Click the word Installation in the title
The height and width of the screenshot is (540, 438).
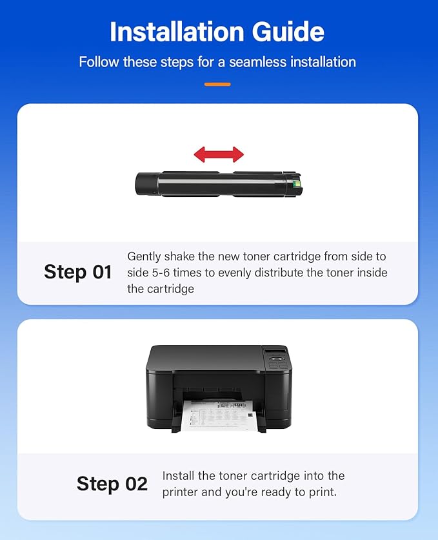(176, 32)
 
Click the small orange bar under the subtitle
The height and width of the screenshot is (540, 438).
(217, 84)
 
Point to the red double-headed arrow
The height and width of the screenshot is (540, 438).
(219, 154)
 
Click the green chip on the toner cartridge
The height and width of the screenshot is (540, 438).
(297, 184)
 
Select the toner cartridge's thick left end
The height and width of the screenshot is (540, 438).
(148, 183)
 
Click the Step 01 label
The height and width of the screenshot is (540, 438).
(78, 272)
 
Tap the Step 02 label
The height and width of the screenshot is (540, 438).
(112, 484)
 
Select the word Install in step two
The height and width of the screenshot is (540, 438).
(181, 476)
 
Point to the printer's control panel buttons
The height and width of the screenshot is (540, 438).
(277, 366)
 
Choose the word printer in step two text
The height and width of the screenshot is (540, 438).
(181, 492)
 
